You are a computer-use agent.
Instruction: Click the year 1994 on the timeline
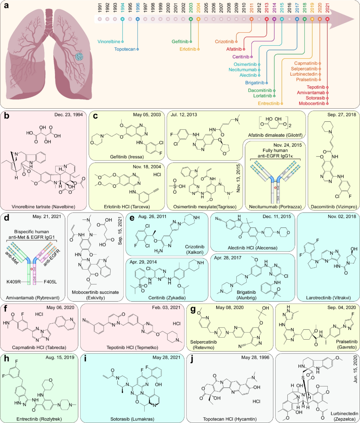(123, 7)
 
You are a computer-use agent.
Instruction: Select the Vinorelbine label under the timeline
(109, 42)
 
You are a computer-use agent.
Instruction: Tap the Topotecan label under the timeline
(125, 49)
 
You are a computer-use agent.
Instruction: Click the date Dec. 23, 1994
(69, 115)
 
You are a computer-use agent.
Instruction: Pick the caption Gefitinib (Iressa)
(127, 157)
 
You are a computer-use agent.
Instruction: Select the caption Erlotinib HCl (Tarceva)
(127, 207)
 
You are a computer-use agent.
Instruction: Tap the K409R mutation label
(13, 282)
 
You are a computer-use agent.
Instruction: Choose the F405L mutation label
(50, 282)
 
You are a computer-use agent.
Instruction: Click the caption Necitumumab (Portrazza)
(275, 207)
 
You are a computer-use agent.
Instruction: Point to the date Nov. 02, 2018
(342, 217)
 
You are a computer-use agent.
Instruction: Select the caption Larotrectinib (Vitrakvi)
(328, 298)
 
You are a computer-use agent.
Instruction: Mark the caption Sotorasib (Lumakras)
(132, 419)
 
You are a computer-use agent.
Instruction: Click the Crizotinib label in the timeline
(224, 42)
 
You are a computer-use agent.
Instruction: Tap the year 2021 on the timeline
(327, 7)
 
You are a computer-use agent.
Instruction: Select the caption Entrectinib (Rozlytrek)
(39, 419)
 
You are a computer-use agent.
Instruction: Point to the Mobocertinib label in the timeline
(312, 103)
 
